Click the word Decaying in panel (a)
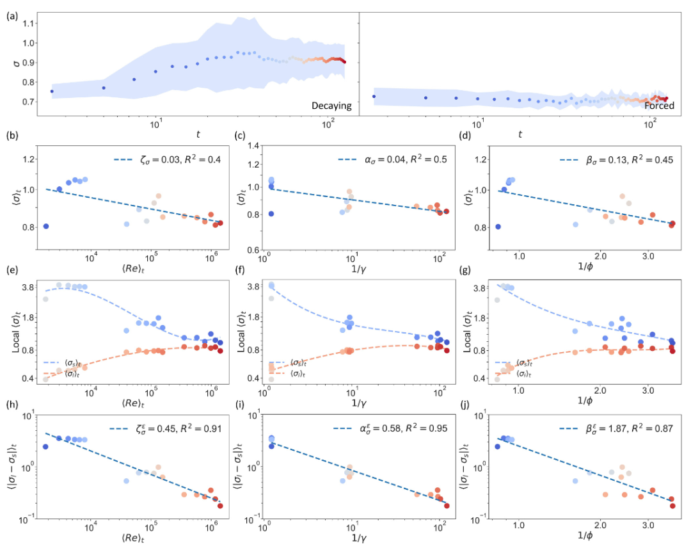[x=332, y=106]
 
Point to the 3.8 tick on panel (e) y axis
[x=29, y=288]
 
